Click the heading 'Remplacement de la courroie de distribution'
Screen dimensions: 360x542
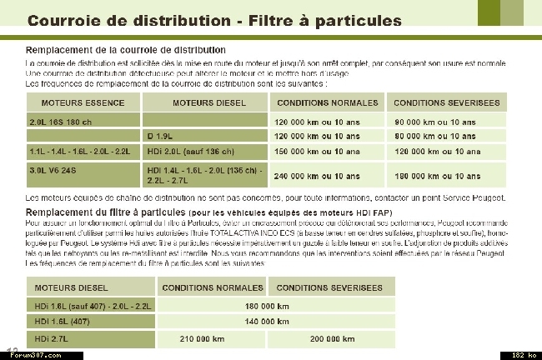click(x=125, y=50)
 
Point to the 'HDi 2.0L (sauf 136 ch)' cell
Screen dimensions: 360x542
click(x=190, y=152)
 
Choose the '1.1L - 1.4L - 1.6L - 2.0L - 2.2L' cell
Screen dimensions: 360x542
click(x=80, y=152)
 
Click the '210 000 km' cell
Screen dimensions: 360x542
click(x=201, y=338)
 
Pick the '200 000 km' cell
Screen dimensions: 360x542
click(x=332, y=338)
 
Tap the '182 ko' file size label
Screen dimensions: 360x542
click(x=523, y=355)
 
